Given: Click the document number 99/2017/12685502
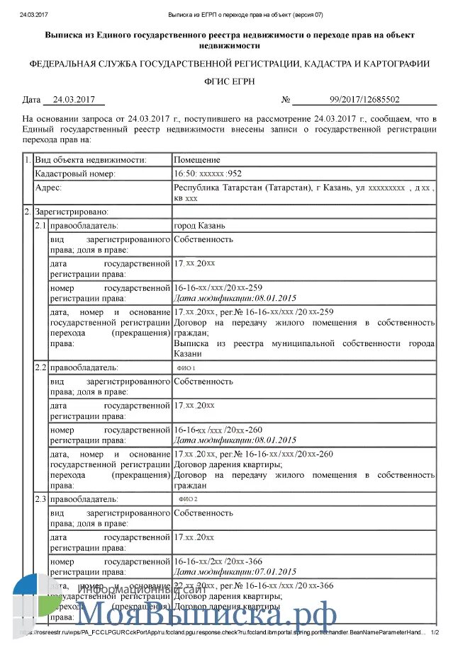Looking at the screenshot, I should coord(364,101).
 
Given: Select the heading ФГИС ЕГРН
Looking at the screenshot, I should coord(228,82).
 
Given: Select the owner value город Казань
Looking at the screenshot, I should coord(199,226).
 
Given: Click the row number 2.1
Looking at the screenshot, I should coord(41,226).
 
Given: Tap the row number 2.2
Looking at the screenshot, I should coord(41,368).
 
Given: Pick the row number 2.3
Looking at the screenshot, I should coord(41,499).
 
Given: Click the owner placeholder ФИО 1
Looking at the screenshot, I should coord(186,369).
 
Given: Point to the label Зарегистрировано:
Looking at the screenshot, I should coord(71,212).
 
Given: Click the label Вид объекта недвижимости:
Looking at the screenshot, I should coord(90,160).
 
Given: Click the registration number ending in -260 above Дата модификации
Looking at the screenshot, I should coord(218,430).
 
